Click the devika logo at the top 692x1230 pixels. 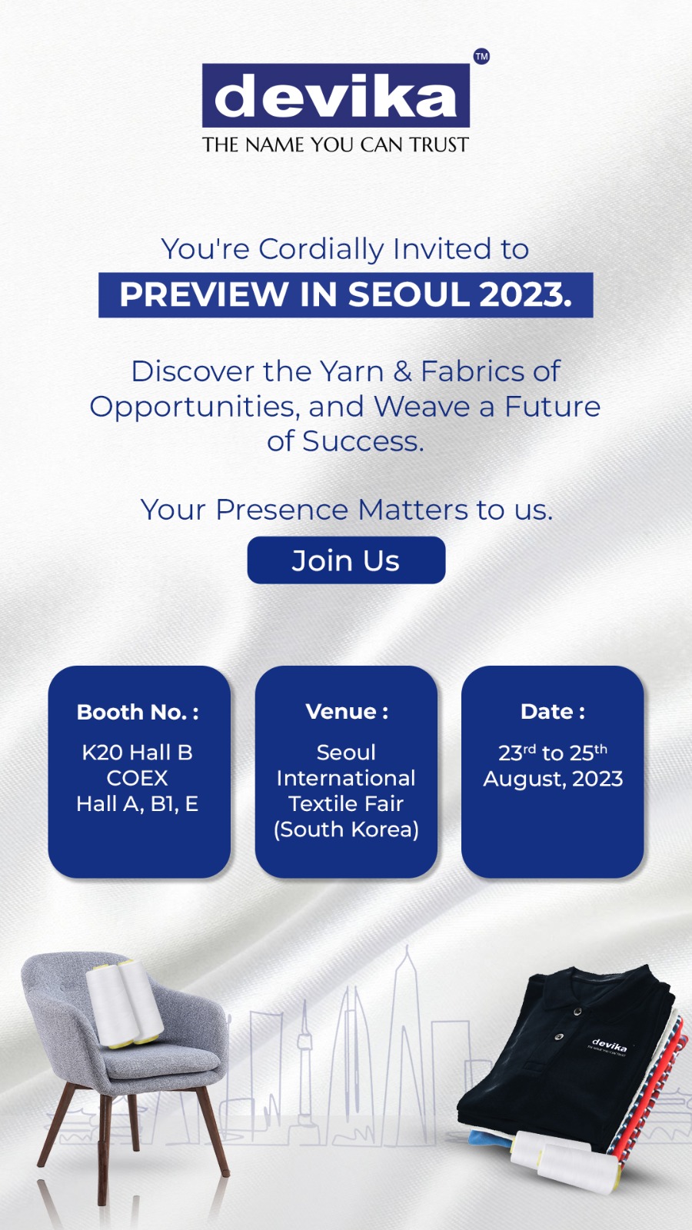coord(335,95)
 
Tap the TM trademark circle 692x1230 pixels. coord(481,57)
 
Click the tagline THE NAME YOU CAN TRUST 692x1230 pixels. coord(335,145)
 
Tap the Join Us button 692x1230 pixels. coord(346,560)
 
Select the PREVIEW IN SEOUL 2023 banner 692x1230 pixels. coord(346,295)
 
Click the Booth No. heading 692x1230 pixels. coord(138,712)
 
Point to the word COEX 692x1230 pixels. coord(138,778)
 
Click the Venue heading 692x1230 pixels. coord(347,712)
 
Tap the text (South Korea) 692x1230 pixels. coord(346,829)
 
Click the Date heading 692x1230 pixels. coord(553,712)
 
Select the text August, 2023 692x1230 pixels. coord(553,780)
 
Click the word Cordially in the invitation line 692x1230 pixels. coord(321,249)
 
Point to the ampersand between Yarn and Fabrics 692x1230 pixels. coord(403,372)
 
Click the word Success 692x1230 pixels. coord(363,441)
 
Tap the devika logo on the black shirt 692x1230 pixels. coord(608,1045)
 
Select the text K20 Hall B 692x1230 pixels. coord(138,753)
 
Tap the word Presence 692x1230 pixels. coord(281,510)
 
